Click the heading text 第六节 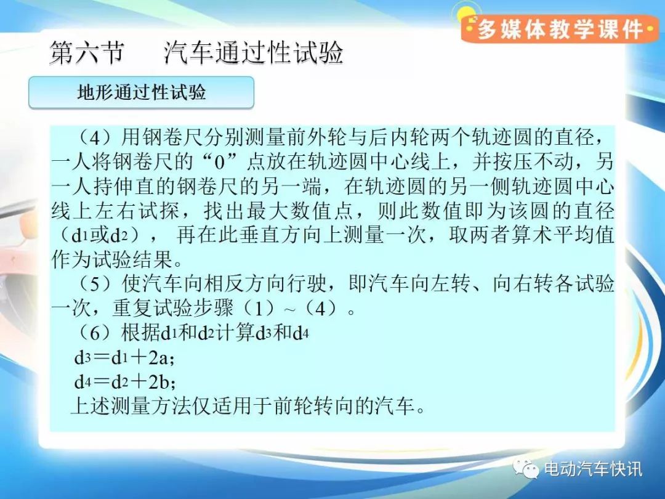(87, 53)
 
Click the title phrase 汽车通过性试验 (253, 53)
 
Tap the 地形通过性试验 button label (142, 92)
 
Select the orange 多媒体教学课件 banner (560, 30)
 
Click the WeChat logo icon (526, 468)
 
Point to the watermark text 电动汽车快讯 (593, 469)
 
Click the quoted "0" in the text (219, 163)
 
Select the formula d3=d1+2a (124, 358)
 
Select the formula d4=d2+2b (124, 383)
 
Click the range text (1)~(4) (296, 308)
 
